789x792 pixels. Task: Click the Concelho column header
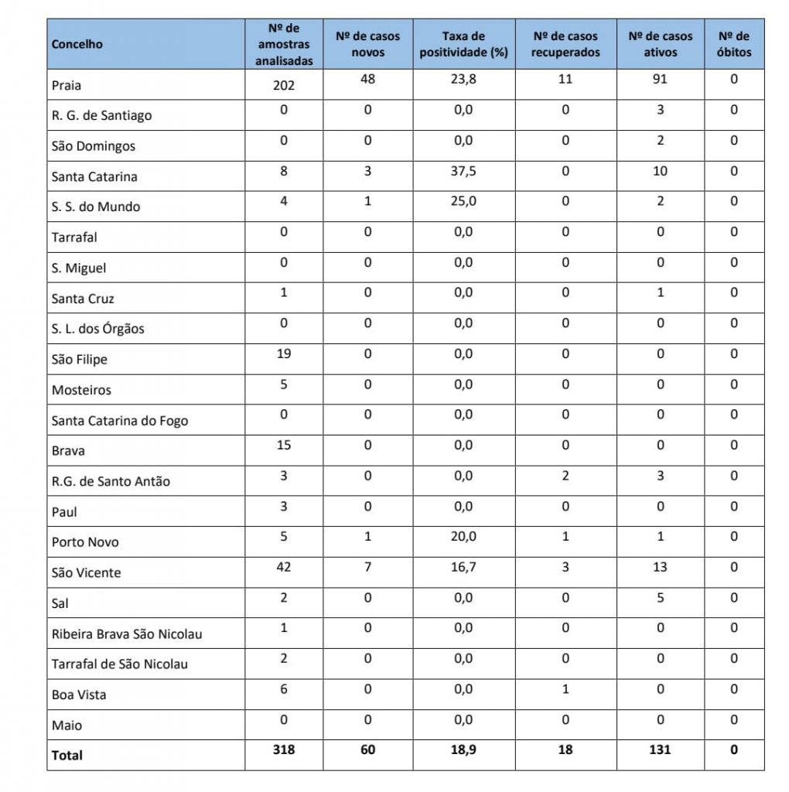tap(77, 44)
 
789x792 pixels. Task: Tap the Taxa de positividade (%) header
tap(463, 44)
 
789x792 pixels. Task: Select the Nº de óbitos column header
tap(733, 44)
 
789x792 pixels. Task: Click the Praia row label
tap(67, 84)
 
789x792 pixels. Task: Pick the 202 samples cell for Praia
tap(283, 86)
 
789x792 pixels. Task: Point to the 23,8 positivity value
tap(463, 79)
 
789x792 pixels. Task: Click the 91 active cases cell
tap(659, 79)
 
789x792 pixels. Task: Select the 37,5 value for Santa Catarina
tap(463, 171)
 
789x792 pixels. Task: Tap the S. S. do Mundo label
tap(96, 207)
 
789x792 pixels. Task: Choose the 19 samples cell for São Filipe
tap(283, 353)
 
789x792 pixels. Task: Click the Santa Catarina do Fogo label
tap(120, 421)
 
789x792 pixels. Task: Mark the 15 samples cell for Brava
tap(283, 445)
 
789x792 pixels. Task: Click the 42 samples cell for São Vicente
tap(283, 567)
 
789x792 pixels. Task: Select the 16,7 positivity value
tap(463, 567)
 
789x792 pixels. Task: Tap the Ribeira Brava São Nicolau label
tap(127, 634)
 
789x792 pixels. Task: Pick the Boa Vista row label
tap(79, 695)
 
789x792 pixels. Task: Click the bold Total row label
tap(67, 756)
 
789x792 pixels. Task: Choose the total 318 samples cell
tap(283, 749)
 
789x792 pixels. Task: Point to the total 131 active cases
tap(659, 749)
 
